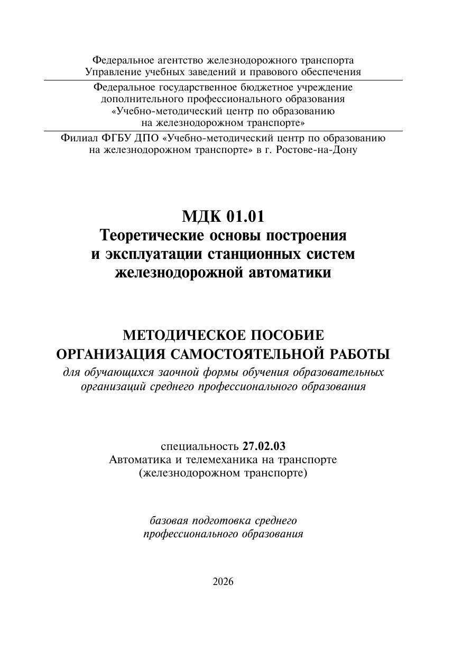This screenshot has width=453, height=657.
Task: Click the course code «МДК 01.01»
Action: point(223,217)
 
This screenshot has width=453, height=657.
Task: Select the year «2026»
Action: point(223,581)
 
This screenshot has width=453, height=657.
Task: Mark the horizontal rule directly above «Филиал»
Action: point(223,131)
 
